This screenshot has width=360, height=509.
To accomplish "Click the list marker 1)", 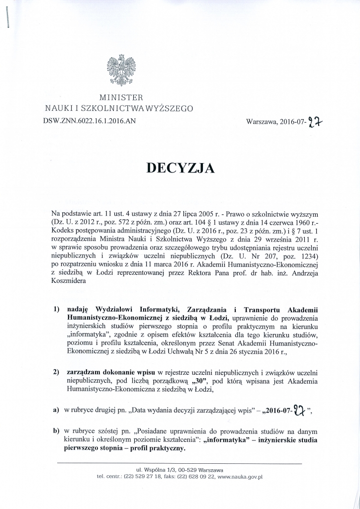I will [x=57, y=309].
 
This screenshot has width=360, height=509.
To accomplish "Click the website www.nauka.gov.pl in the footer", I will [x=240, y=476].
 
